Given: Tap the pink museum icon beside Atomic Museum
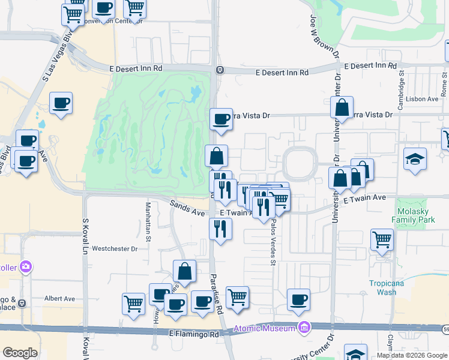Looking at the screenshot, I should (304, 328).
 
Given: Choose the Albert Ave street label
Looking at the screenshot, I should (59, 298).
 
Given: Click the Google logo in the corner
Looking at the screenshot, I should (20, 352).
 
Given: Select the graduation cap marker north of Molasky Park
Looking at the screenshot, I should (415, 159).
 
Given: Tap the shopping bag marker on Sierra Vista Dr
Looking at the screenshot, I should (342, 108).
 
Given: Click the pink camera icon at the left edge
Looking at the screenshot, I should (25, 266).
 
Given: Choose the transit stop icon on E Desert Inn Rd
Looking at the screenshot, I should (220, 70).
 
